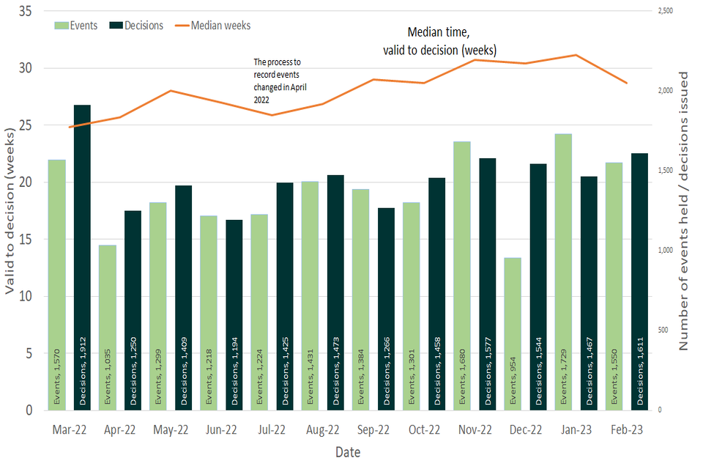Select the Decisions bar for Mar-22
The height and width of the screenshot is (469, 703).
tap(82, 256)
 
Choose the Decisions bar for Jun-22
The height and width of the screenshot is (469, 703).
tap(234, 314)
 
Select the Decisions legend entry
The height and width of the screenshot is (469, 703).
tap(136, 26)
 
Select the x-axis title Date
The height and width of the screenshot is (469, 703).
tap(348, 452)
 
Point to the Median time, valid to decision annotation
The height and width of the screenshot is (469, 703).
tap(439, 42)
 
